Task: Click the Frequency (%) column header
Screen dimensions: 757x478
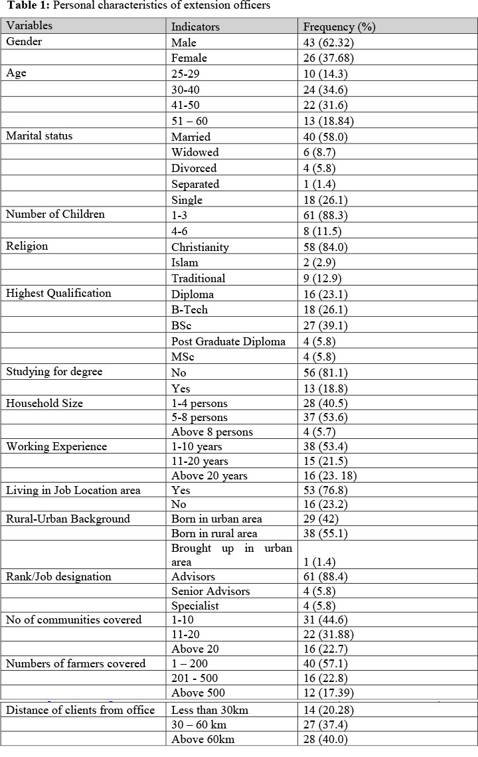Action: pos(339,27)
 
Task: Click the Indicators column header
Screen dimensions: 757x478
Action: pos(195,27)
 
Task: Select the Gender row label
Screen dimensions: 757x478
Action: pos(24,42)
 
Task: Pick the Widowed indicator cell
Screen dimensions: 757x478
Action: pos(195,152)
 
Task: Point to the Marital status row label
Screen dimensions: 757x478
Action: pos(39,136)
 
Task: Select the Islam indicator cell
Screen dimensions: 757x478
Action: pos(185,262)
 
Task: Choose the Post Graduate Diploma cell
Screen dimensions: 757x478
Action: pos(228,341)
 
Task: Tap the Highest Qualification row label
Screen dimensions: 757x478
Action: pos(58,294)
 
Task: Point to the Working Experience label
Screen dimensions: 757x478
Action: pos(56,446)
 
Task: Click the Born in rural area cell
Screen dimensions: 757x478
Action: pos(214,533)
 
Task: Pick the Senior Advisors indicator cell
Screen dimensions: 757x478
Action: pos(210,591)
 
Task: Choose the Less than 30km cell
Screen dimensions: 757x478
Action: pos(210,710)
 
